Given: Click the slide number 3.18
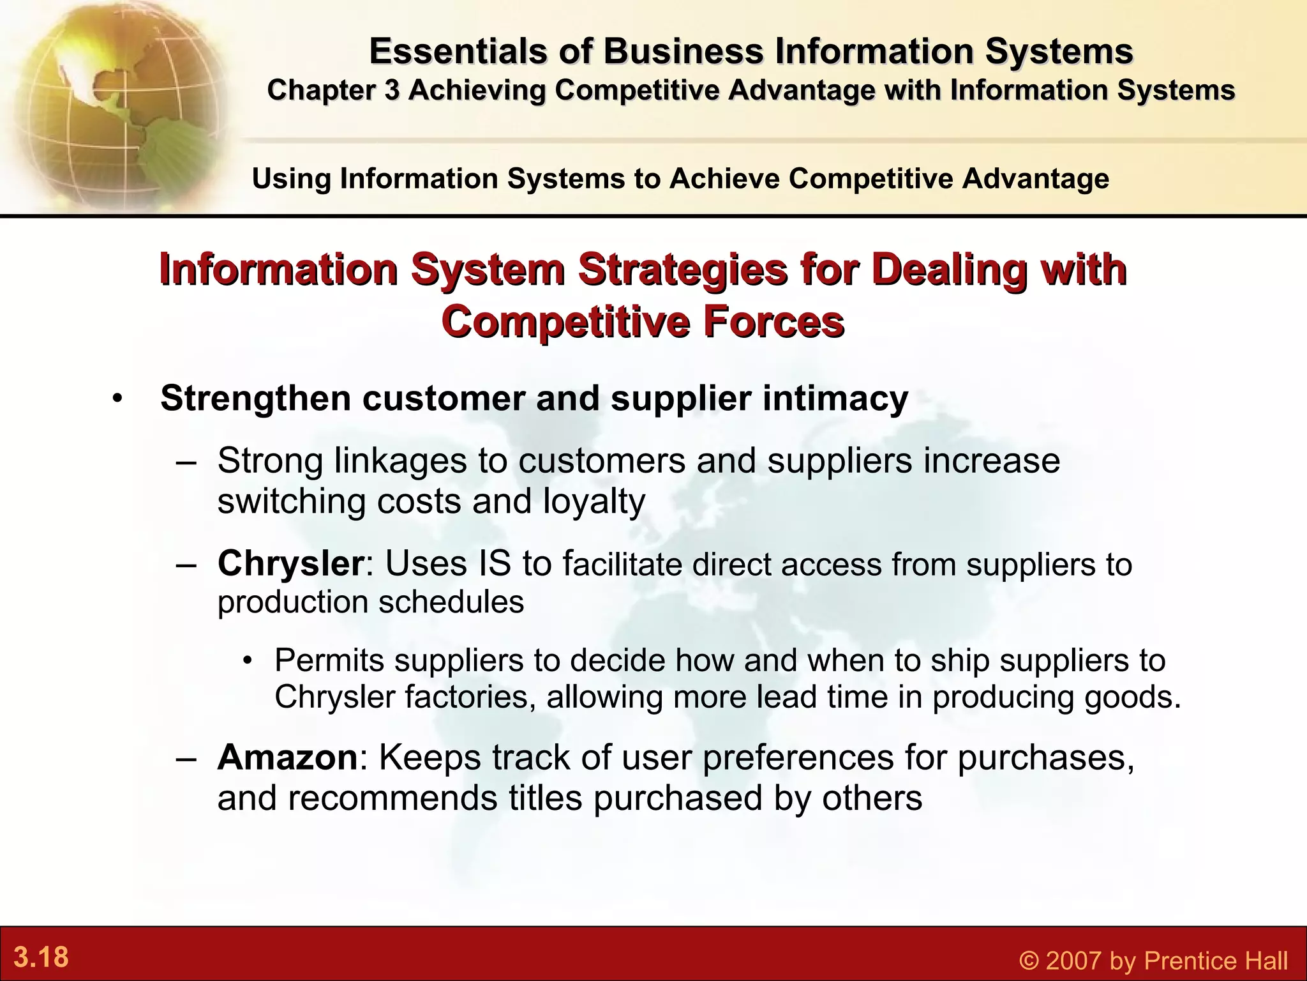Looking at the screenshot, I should click(41, 957).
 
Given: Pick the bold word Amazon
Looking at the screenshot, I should click(287, 757).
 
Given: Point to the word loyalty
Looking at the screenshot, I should click(594, 502).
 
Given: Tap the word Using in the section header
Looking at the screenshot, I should click(291, 178).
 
